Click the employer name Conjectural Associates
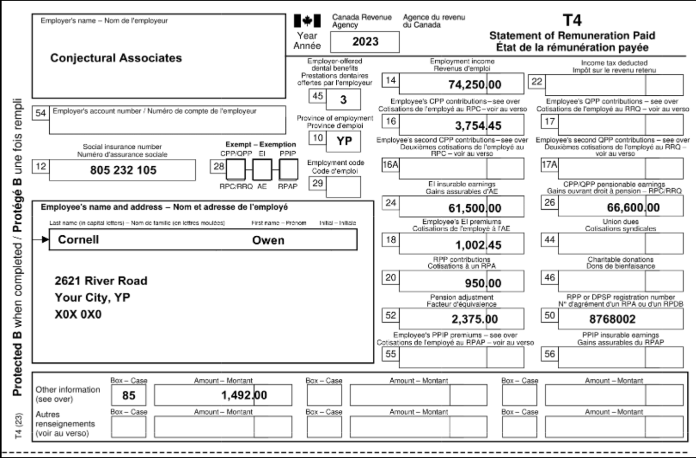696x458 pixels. [116, 58]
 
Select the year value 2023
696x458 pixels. [365, 42]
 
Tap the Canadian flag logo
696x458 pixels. [307, 21]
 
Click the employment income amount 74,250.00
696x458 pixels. [474, 85]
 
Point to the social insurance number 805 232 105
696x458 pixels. [123, 170]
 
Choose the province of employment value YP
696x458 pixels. [344, 141]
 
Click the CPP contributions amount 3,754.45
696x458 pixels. [477, 126]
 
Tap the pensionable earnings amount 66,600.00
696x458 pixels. [633, 208]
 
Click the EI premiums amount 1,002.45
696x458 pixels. [478, 245]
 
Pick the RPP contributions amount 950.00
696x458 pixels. [482, 283]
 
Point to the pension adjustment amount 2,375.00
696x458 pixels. [474, 319]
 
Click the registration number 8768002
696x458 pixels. [612, 319]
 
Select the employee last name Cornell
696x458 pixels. [78, 240]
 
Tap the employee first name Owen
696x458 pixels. [268, 240]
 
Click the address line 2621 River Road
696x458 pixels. [101, 281]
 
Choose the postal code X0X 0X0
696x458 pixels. [78, 315]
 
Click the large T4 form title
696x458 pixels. [572, 20]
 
